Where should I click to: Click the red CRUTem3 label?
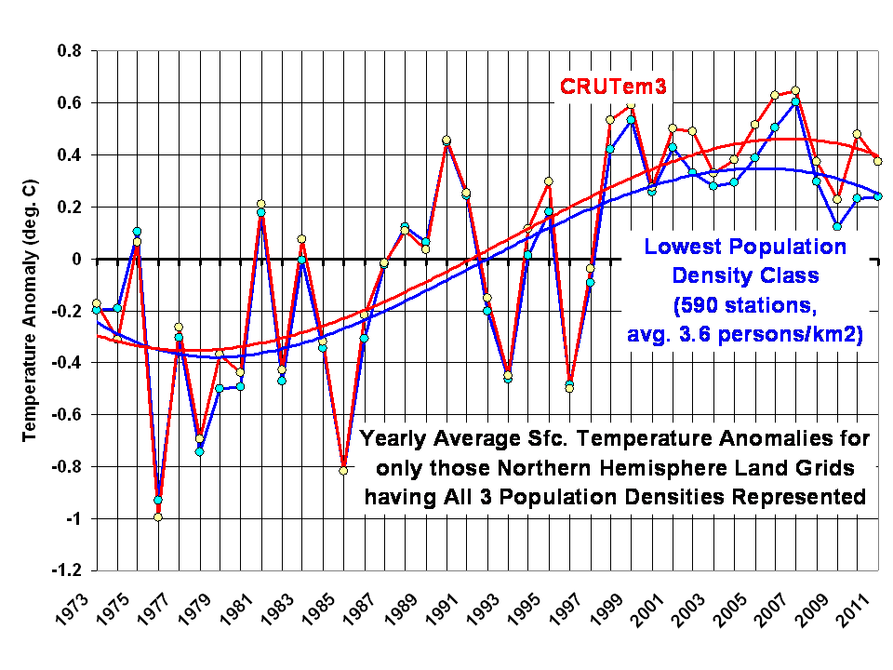[x=615, y=87]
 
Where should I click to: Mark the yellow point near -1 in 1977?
[x=158, y=517]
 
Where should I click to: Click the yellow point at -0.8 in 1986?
[x=343, y=471]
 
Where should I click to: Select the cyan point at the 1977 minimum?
[x=158, y=501]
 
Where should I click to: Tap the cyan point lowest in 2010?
[x=837, y=226]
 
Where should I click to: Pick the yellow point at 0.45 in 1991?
[x=446, y=141]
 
